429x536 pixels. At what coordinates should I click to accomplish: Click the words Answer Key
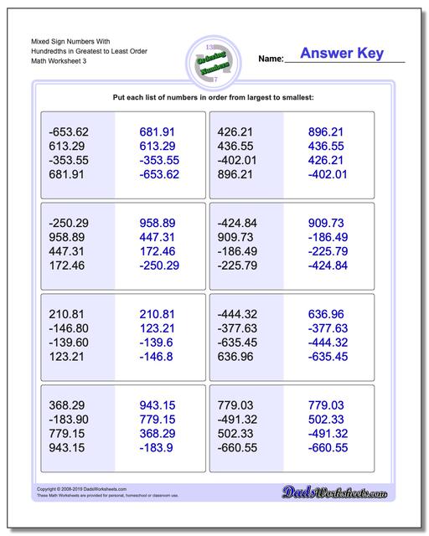[x=342, y=54]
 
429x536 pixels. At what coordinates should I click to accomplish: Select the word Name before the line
[x=271, y=59]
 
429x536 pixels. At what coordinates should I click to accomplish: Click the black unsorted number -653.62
[x=69, y=132]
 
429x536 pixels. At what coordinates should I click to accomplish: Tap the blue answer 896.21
[x=326, y=132]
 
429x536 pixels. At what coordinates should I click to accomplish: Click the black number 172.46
[x=66, y=266]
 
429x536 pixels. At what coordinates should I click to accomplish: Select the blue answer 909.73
[x=326, y=224]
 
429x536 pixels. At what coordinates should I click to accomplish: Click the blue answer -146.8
[x=158, y=358]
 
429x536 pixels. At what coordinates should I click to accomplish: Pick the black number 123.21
[x=66, y=358]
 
